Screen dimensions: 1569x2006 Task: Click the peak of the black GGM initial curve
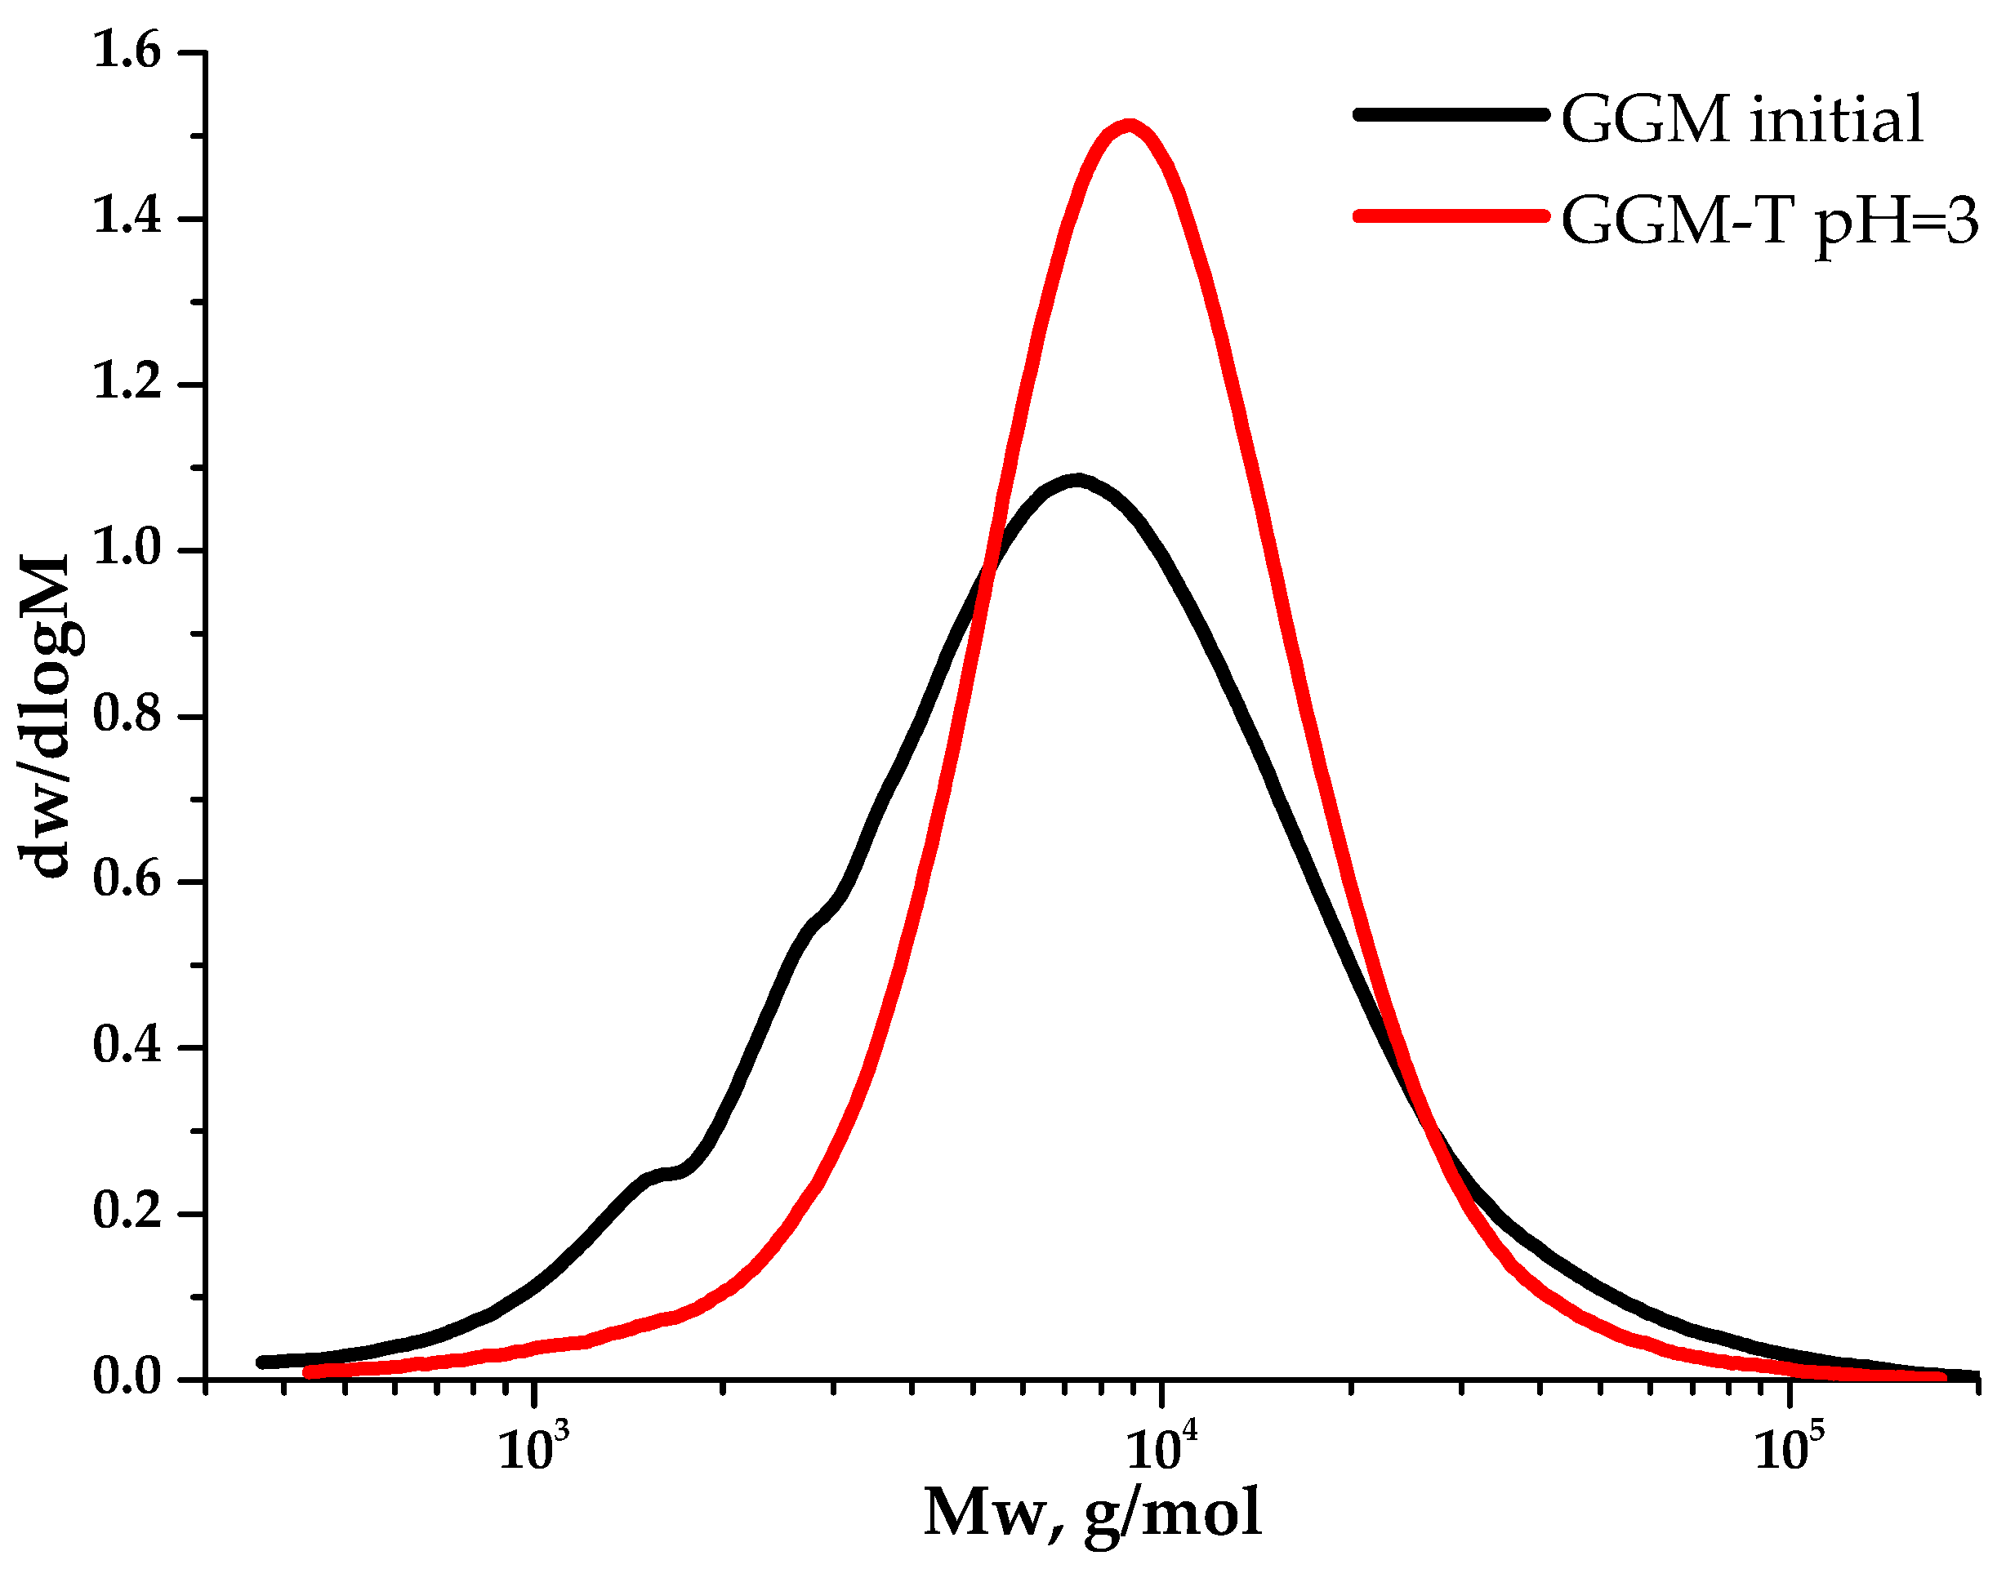pyautogui.click(x=1077, y=481)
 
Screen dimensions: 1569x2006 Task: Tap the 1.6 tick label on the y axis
pyautogui.click(x=126, y=52)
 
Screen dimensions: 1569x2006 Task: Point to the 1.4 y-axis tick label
pyautogui.click(x=126, y=219)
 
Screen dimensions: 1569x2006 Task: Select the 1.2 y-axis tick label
pyautogui.click(x=126, y=384)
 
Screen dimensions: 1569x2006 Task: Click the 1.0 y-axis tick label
pyautogui.click(x=126, y=550)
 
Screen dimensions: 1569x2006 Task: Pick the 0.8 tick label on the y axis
pyautogui.click(x=126, y=716)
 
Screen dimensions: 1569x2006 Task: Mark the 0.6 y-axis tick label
pyautogui.click(x=126, y=881)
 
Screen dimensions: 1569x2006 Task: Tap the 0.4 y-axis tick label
pyautogui.click(x=126, y=1047)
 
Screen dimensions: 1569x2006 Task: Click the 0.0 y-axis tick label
pyautogui.click(x=126, y=1378)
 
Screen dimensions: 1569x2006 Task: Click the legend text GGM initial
pyautogui.click(x=1741, y=120)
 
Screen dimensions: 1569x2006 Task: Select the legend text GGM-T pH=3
pyautogui.click(x=1769, y=221)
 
